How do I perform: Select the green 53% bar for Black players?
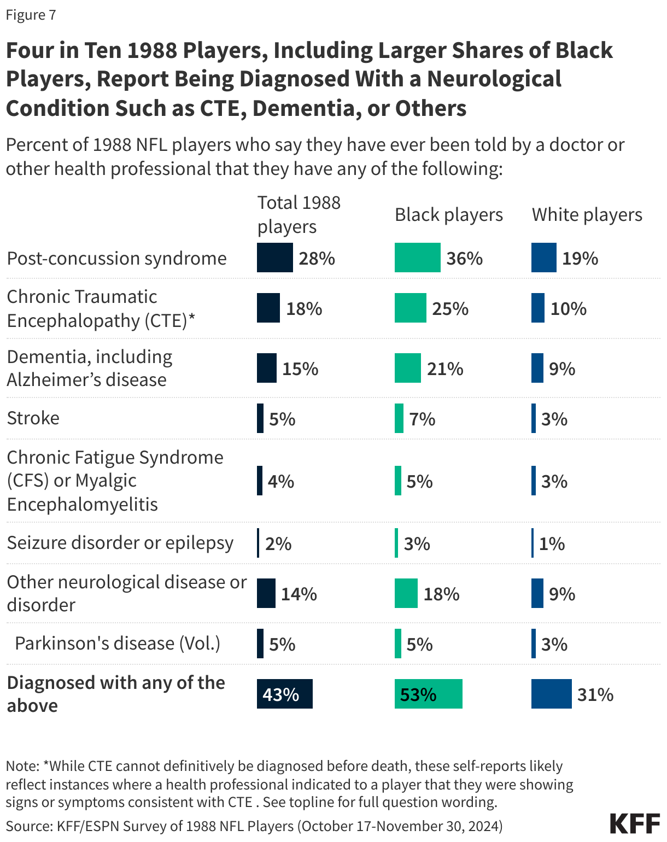pos(428,694)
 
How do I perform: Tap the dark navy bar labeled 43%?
pos(284,694)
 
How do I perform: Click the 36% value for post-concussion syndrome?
pos(464,258)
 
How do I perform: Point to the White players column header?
pos(587,215)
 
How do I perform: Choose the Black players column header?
pos(448,215)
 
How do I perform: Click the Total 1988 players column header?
pos(299,214)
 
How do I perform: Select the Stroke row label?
pos(33,418)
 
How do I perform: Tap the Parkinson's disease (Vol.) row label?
pos(118,643)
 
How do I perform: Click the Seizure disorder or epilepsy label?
pos(120,543)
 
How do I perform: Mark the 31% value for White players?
pos(595,694)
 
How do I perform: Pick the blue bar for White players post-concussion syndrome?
pos(543,258)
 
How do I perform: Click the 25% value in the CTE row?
pos(450,309)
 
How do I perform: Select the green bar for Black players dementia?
pos(407,368)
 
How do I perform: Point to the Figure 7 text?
pos(31,15)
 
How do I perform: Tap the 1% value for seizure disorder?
pos(551,543)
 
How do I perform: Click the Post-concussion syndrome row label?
pos(116,258)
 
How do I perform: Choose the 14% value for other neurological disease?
pos(299,594)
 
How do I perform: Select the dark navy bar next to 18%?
pos(268,308)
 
